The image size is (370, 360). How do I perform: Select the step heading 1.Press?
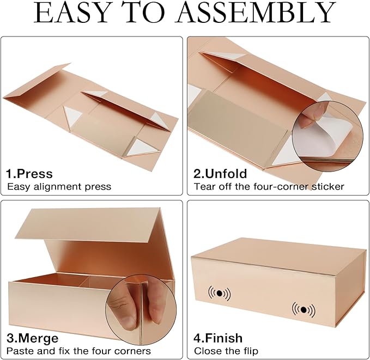click(x=29, y=174)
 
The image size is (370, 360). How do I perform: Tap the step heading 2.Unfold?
click(x=220, y=174)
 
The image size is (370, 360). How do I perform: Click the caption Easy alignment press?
click(x=59, y=186)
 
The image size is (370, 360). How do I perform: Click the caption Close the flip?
click(x=226, y=351)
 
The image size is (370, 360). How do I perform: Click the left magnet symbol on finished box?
click(x=219, y=292)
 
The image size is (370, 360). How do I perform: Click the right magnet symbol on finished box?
click(x=303, y=309)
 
